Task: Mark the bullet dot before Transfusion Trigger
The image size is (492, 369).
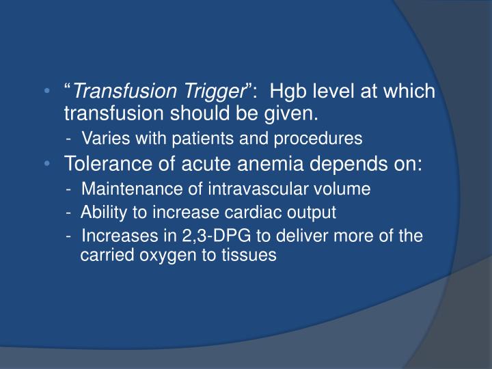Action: click(45, 92)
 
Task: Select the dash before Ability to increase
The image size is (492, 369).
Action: click(70, 213)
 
